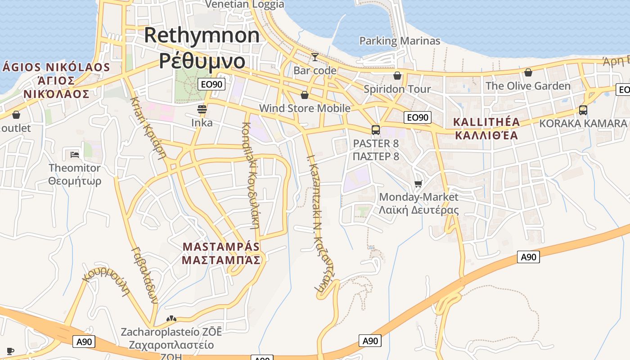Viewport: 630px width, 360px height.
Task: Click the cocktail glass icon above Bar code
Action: point(315,57)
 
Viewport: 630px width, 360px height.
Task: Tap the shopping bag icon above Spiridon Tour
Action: point(397,75)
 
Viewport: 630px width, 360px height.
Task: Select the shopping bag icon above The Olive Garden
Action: point(528,72)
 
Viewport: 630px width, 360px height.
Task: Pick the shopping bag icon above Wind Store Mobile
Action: point(305,95)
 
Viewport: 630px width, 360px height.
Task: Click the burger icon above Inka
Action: point(202,109)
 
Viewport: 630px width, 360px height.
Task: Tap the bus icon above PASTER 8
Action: point(376,130)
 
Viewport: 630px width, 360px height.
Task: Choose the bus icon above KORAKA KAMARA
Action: point(583,110)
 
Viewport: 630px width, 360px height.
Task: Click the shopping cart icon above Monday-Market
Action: point(418,184)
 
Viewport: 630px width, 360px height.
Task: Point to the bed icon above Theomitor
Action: point(75,155)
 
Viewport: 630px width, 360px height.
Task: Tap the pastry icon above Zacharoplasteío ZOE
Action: point(171,319)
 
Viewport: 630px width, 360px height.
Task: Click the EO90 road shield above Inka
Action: point(211,84)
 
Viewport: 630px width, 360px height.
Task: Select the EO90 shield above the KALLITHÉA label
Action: point(417,118)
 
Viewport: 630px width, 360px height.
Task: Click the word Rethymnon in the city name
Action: point(202,35)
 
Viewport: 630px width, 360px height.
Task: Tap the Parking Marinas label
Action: point(400,41)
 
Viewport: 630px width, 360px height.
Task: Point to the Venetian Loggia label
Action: point(245,4)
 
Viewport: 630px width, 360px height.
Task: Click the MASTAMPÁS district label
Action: point(221,247)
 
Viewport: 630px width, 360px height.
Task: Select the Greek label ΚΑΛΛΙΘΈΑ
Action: point(486,135)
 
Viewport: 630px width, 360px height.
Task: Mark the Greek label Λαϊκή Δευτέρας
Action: point(418,210)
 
